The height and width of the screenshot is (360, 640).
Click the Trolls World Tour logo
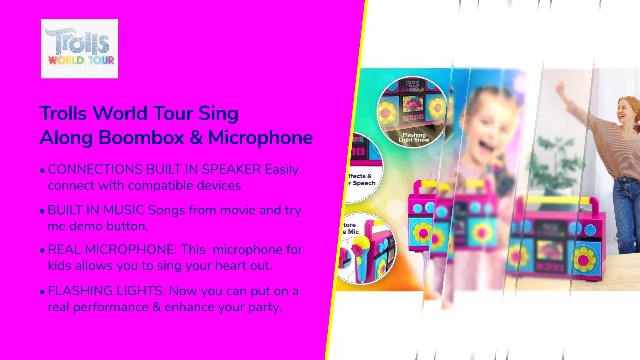click(80, 49)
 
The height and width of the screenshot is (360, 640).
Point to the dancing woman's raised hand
click(560, 88)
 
